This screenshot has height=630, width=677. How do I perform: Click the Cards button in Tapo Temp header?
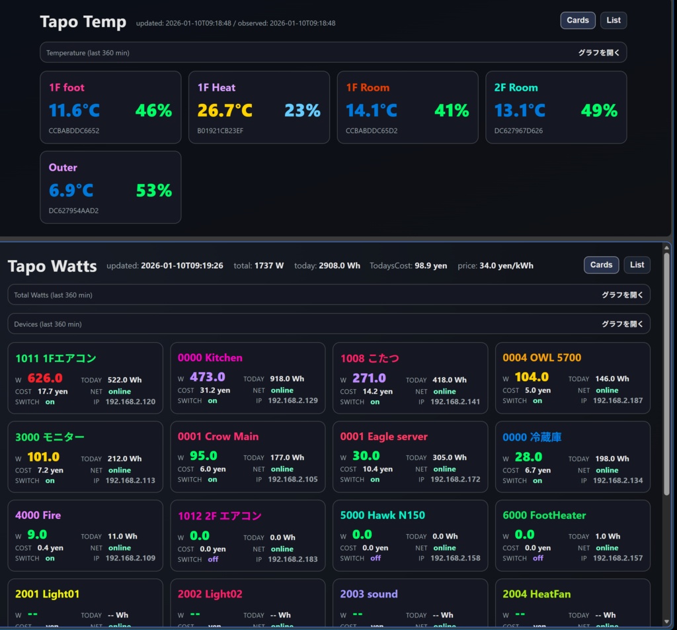click(577, 21)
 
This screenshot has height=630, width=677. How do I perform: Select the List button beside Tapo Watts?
click(637, 265)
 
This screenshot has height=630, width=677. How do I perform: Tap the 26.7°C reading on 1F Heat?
click(225, 111)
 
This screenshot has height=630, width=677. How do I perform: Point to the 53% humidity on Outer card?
click(153, 191)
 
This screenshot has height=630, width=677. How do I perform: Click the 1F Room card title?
click(368, 87)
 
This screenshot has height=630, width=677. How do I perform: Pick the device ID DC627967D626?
click(518, 130)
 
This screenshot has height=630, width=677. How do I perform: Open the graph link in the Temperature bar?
click(599, 53)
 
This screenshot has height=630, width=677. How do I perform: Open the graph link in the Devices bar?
click(622, 324)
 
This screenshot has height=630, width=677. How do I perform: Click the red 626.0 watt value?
click(45, 378)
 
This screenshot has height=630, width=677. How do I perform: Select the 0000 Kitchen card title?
click(210, 357)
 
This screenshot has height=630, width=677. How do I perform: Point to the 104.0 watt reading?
click(531, 377)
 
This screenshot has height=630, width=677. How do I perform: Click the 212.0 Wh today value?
click(124, 459)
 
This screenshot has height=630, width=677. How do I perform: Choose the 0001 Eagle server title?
click(383, 437)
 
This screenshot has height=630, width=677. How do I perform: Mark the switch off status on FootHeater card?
click(538, 559)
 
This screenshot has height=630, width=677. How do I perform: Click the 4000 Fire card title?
click(38, 515)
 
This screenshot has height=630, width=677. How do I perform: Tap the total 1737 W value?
click(269, 265)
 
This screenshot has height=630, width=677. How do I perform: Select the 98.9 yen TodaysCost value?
click(430, 265)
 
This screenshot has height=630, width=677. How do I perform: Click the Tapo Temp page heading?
click(83, 22)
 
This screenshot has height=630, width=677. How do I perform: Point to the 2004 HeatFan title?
click(536, 594)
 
